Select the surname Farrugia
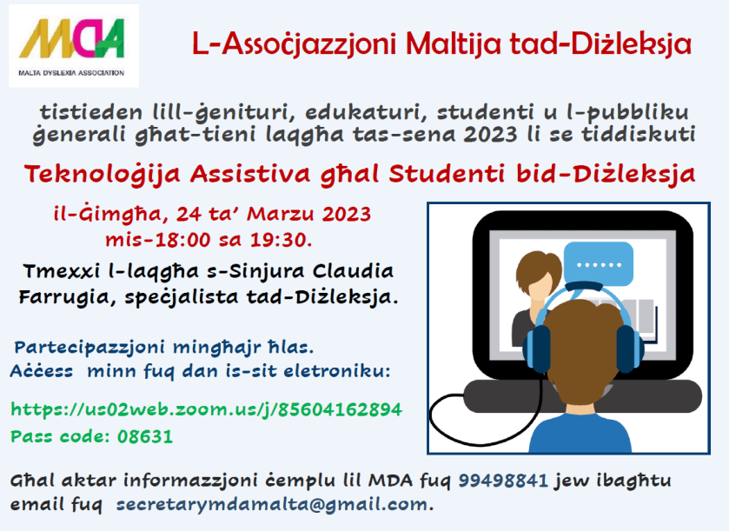click(60, 296)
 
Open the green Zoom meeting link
click(206, 408)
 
